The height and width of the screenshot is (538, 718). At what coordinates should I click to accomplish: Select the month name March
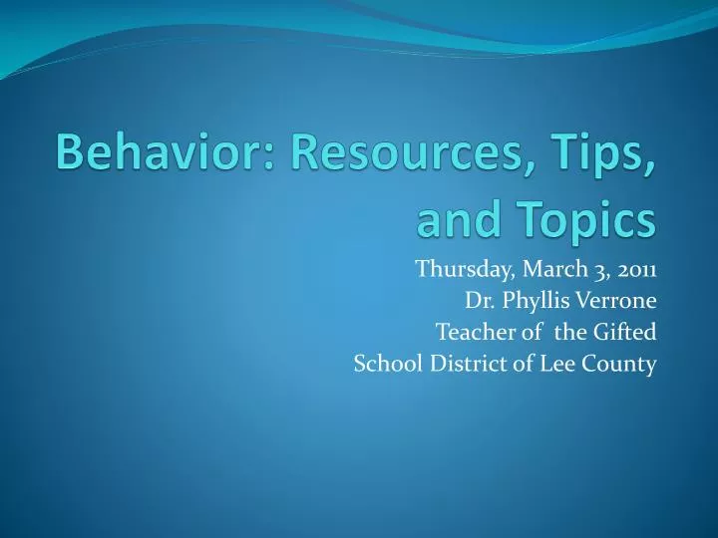point(544,269)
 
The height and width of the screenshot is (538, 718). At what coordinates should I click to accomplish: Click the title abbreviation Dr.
point(478,301)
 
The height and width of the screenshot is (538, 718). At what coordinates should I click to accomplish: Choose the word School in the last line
point(383,365)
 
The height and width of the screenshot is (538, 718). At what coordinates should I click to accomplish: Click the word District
point(461,365)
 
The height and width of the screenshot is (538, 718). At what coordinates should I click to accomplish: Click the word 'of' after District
point(515,365)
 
